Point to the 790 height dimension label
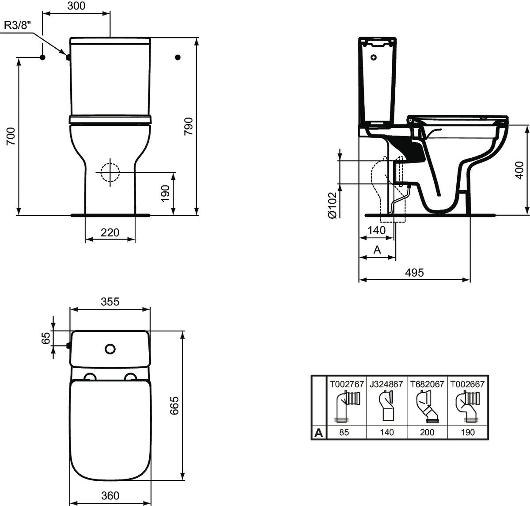[x=189, y=127]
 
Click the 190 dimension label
[x=165, y=193]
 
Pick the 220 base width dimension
[x=110, y=232]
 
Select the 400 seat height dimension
[x=519, y=170]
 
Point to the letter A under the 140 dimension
[x=377, y=250]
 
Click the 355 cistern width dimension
[x=110, y=302]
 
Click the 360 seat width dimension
[x=110, y=496]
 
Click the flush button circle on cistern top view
[x=110, y=349]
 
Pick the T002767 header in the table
[x=345, y=384]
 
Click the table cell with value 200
[x=427, y=433]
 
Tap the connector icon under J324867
[x=386, y=407]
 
